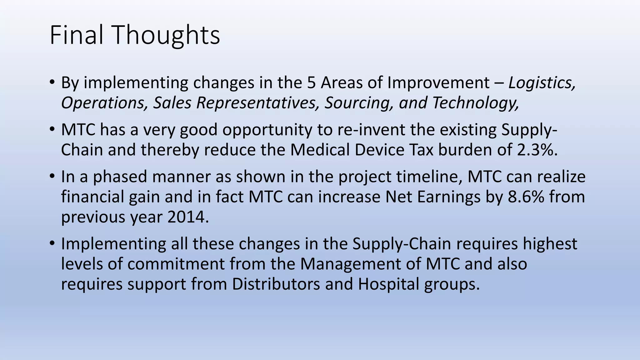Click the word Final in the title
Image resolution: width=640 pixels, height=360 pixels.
pyautogui.click(x=76, y=35)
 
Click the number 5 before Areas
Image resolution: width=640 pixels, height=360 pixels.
pyautogui.click(x=311, y=83)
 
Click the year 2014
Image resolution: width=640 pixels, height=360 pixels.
pyautogui.click(x=188, y=217)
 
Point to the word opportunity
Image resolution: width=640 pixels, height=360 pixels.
pyautogui.click(x=267, y=130)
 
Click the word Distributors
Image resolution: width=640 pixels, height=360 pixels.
pyautogui.click(x=276, y=284)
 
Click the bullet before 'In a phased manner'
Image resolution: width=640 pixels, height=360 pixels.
pyautogui.click(x=52, y=177)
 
